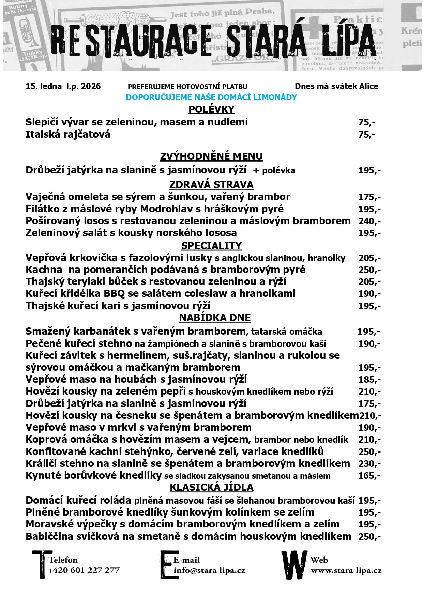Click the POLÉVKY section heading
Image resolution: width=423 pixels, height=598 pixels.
pos(211,109)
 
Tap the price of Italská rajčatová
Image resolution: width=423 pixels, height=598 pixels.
pos(366,135)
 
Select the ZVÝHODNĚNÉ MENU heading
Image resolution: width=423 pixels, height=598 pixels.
pos(211,156)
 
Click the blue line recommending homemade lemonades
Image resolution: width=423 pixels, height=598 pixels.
pos(211,97)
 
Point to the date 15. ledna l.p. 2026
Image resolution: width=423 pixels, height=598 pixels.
pos(63,86)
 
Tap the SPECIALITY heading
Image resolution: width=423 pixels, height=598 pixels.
pos(211,246)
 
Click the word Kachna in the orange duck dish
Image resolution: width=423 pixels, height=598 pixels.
pos(44,270)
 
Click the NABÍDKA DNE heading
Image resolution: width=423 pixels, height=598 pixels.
pos(215,318)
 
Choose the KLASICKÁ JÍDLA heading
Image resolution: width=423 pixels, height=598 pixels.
pos(211,488)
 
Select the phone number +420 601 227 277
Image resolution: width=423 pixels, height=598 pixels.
pos(84,570)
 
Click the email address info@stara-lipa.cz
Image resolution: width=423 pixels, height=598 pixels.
pos(209,570)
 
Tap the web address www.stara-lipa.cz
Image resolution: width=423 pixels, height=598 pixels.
pos(346,570)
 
